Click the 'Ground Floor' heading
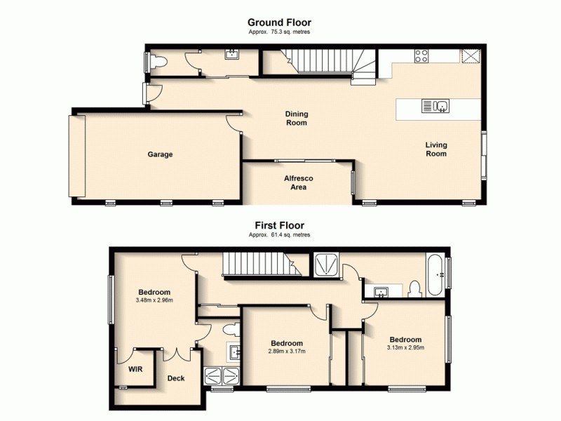click(x=279, y=23)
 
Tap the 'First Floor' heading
click(x=279, y=226)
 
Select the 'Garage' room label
click(x=160, y=154)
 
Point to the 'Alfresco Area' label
click(x=298, y=182)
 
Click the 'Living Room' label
click(x=436, y=149)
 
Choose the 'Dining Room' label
click(x=296, y=118)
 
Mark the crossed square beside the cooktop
click(x=471, y=57)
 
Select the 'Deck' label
click(x=175, y=378)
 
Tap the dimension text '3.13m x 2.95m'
click(x=405, y=347)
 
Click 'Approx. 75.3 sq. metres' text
click(x=279, y=32)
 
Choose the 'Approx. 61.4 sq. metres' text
click(x=279, y=235)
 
